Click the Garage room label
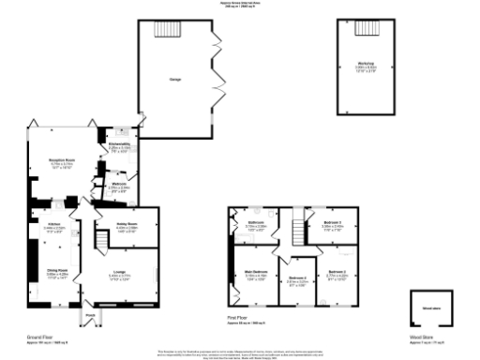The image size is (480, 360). click(174, 80)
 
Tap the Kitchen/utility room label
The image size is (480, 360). click(119, 144)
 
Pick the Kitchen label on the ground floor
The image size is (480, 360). click(53, 226)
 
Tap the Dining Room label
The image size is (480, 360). click(57, 273)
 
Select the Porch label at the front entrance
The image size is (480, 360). click(91, 315)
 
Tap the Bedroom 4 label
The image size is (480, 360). click(298, 277)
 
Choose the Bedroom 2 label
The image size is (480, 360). click(337, 273)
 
